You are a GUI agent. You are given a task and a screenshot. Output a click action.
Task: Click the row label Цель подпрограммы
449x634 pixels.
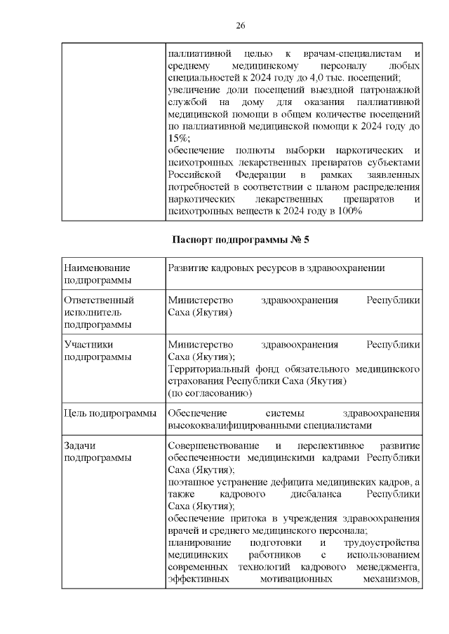click(109, 413)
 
